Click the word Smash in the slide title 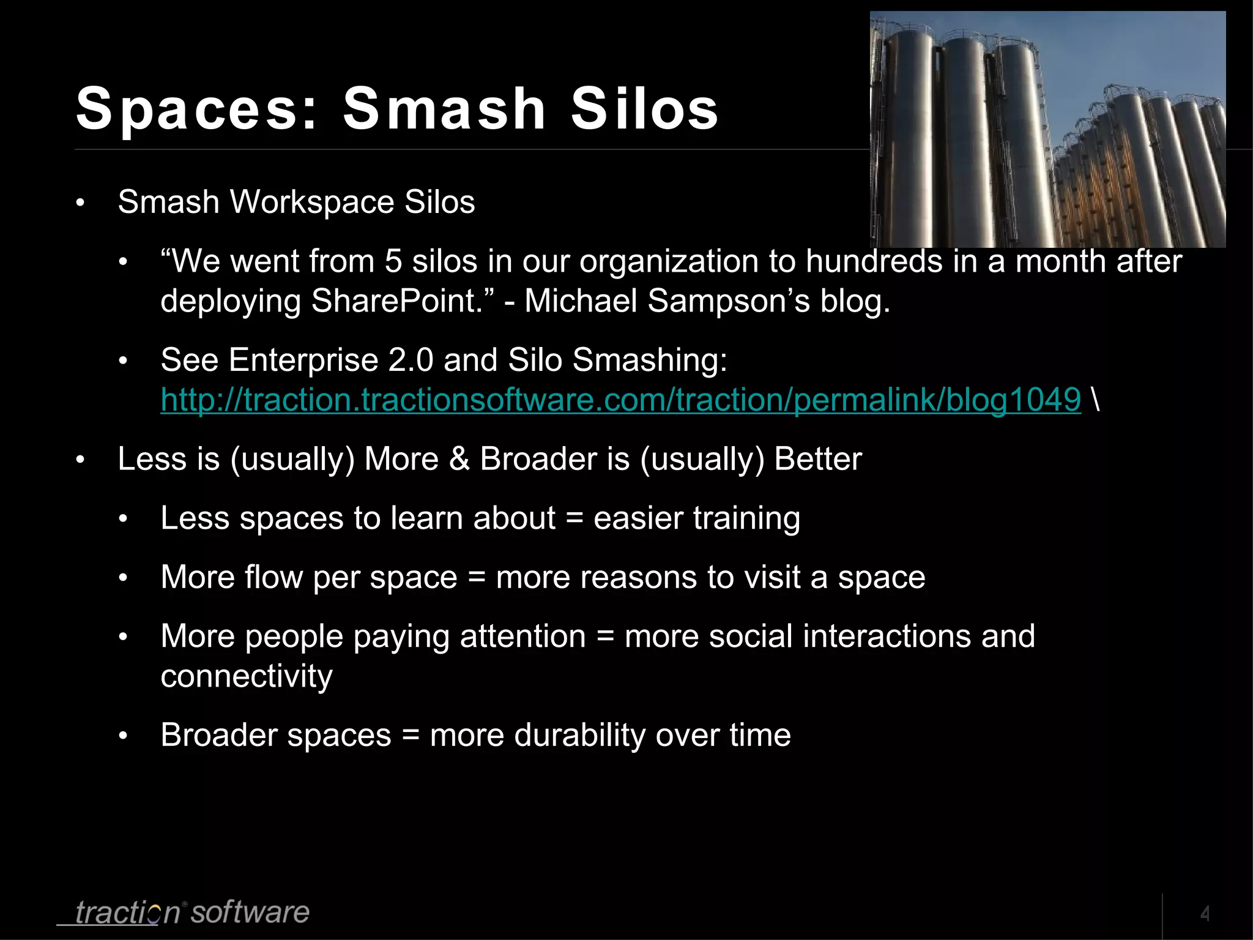444,109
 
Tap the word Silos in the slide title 645,109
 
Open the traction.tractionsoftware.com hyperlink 620,400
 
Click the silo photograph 1047,130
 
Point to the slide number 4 1205,914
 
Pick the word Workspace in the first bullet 311,202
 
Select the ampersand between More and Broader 459,459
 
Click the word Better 818,459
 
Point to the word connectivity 247,676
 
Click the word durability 579,735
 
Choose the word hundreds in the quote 874,261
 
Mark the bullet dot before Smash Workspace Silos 80,203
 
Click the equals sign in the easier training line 574,519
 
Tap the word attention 523,636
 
